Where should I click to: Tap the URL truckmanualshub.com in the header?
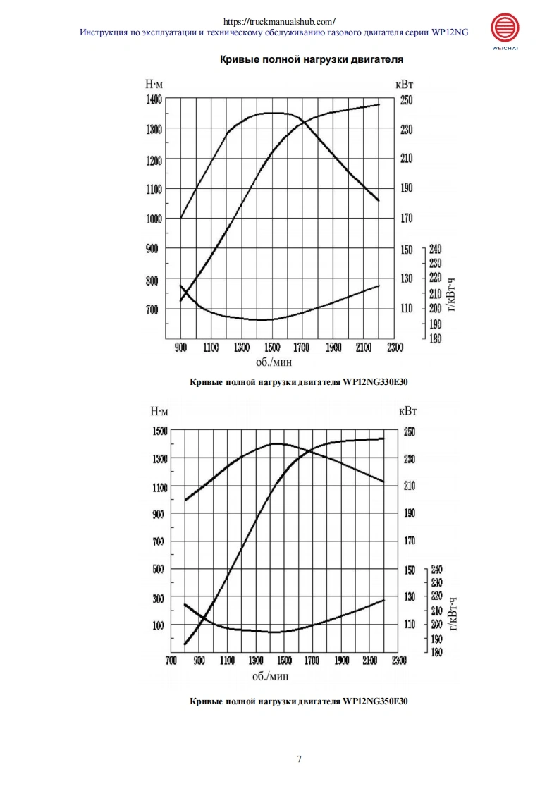click(279, 21)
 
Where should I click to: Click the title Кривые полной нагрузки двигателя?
click(312, 60)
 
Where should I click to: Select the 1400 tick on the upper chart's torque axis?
click(154, 99)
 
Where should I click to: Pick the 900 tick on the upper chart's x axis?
click(180, 348)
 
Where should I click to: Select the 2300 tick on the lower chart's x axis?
click(398, 661)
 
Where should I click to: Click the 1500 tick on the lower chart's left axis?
click(160, 431)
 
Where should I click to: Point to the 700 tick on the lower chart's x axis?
click(171, 661)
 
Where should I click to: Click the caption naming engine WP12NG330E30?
click(300, 382)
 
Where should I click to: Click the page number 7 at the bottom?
click(300, 759)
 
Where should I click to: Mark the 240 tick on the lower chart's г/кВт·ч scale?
click(436, 569)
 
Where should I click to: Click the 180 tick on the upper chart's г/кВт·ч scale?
click(435, 339)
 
